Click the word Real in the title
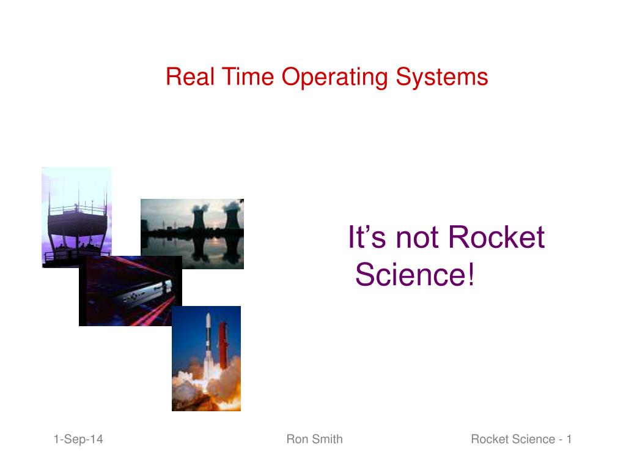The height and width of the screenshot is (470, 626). [x=185, y=77]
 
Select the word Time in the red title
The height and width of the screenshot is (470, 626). [x=237, y=77]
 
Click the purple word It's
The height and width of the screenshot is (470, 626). [x=367, y=237]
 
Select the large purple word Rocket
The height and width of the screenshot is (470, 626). [x=496, y=237]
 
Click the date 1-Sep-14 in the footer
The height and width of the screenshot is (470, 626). [x=78, y=439]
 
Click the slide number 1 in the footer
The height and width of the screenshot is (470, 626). [x=569, y=439]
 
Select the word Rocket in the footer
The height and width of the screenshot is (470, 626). [x=490, y=439]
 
